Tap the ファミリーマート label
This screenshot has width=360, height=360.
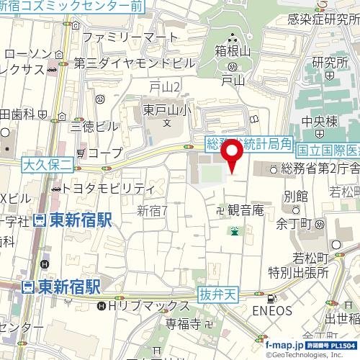(130, 36)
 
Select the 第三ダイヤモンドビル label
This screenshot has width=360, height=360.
(134, 63)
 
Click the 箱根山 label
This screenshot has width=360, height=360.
(230, 51)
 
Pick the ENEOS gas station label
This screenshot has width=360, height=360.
(272, 311)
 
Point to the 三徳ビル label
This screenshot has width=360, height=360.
(94, 126)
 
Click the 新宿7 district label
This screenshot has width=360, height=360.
(152, 210)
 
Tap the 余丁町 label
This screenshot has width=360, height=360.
(292, 223)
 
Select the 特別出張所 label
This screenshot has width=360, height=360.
(298, 273)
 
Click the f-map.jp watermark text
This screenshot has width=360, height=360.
(285, 345)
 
